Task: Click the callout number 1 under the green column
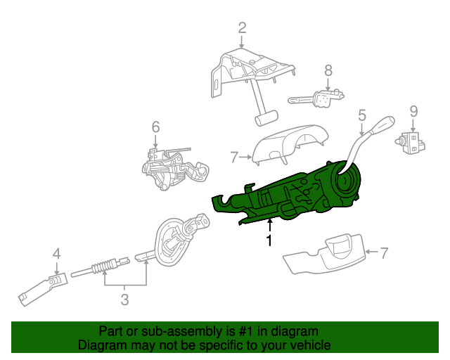point(269,241)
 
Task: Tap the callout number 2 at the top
point(242,28)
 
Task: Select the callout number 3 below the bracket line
point(124,300)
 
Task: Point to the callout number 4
point(56,254)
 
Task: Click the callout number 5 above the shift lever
point(362,115)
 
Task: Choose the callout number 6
point(155,127)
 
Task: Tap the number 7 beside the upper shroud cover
point(235,157)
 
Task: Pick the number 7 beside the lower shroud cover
point(384,252)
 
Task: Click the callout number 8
point(328,70)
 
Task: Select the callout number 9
point(413,110)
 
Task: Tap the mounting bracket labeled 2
point(246,77)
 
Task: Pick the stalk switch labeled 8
point(320,98)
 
